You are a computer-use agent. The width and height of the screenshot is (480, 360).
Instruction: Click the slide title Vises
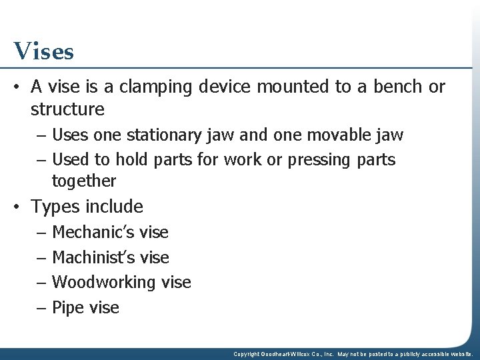(43, 51)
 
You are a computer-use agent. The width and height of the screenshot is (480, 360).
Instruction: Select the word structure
(67, 109)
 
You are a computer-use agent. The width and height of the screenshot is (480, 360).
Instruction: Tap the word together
(84, 181)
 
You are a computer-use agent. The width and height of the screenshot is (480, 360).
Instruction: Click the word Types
(59, 207)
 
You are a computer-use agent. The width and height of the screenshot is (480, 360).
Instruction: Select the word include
(117, 207)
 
